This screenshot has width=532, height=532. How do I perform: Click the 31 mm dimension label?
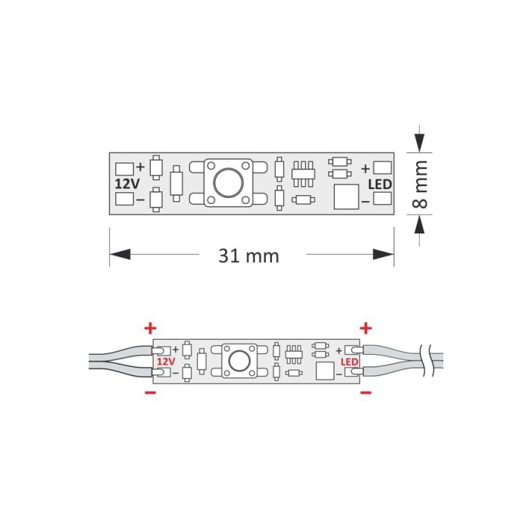pos(249,256)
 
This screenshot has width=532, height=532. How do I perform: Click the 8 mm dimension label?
pos(420,184)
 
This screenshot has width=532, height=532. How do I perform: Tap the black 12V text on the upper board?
pos(127,184)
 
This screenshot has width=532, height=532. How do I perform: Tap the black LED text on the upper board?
pos(380,185)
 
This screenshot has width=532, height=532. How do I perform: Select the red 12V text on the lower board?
pos(166,361)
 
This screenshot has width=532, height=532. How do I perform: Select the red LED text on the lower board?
pos(349,362)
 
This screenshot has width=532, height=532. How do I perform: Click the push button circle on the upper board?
pos(228,183)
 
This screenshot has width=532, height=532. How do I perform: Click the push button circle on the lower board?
pos(239,361)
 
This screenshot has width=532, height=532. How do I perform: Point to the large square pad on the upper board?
pos(346,197)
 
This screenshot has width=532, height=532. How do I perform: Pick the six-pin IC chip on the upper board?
pos(304,174)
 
